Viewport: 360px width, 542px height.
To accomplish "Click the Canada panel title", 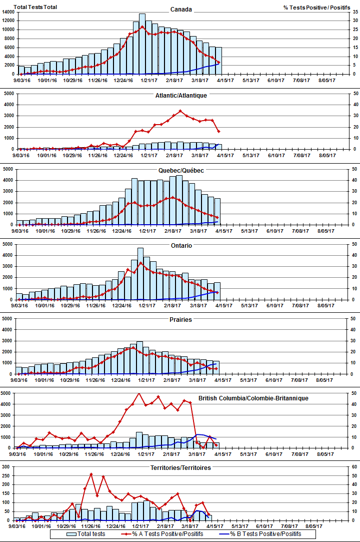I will [x=180, y=10].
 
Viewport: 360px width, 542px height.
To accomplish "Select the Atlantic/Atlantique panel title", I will [x=180, y=95].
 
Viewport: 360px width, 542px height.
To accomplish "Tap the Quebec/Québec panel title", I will [x=180, y=170].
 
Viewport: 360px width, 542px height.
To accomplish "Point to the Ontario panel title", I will [x=180, y=246].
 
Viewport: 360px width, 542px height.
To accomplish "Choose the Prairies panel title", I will [x=180, y=319].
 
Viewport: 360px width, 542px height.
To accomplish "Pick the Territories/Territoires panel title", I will [x=180, y=467].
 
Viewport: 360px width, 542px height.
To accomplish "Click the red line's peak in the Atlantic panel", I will [x=180, y=111].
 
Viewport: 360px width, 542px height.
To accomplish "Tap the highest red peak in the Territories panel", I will [x=91, y=473].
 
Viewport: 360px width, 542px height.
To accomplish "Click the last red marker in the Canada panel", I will [x=218, y=63].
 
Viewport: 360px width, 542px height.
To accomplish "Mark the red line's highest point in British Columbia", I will [x=139, y=394].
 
